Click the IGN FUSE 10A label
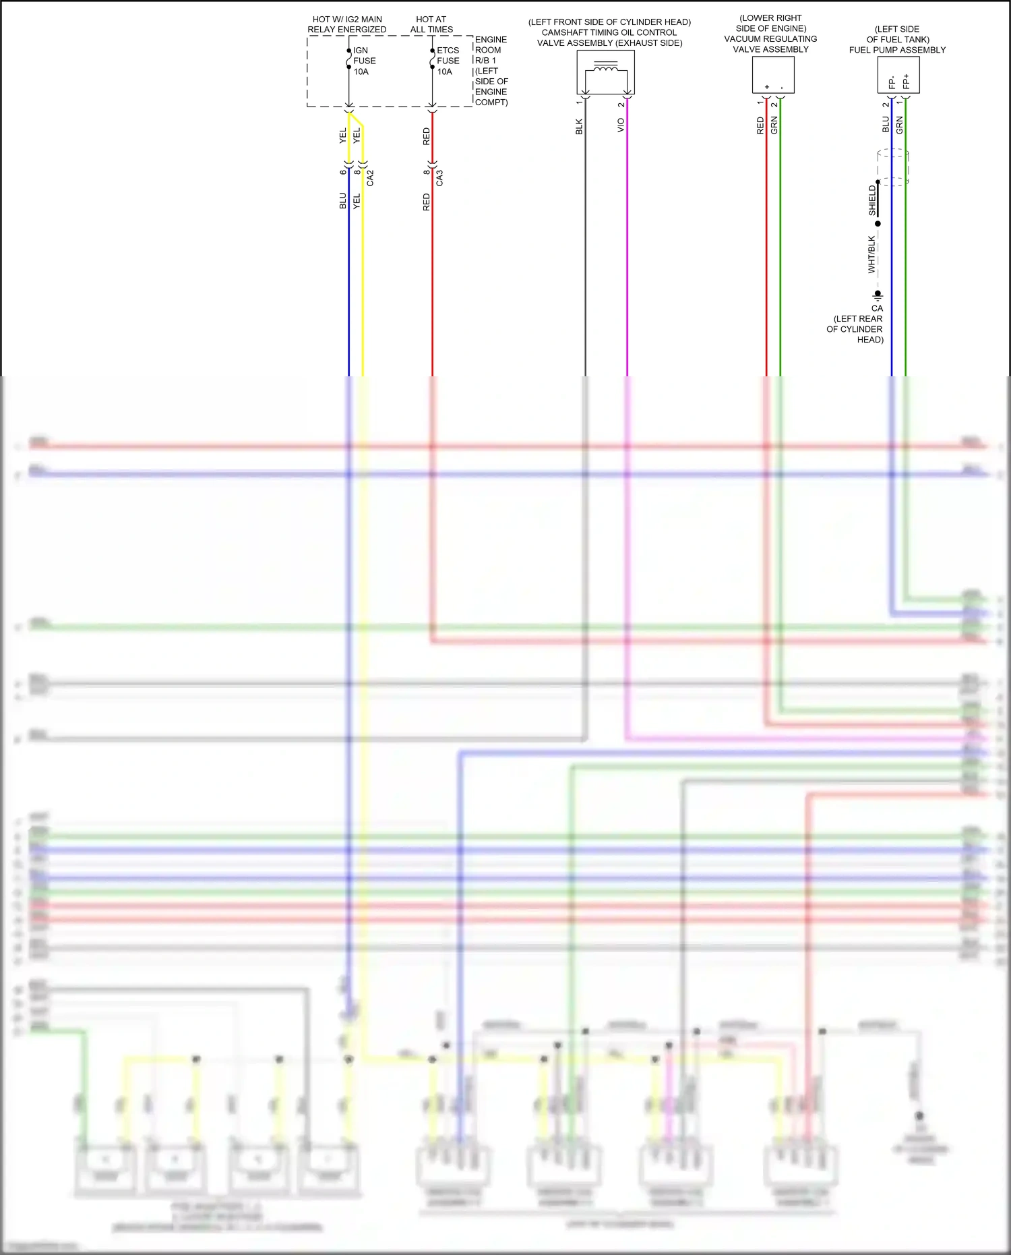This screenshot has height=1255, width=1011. (x=364, y=61)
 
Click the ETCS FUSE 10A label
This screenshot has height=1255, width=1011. (x=448, y=61)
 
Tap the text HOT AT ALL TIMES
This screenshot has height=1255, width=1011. (x=431, y=24)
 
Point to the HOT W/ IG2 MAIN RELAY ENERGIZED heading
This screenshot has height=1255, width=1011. (x=347, y=24)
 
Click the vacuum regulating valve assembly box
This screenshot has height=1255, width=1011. (x=773, y=74)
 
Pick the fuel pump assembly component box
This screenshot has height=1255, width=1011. (x=898, y=74)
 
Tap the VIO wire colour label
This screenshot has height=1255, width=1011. (x=621, y=125)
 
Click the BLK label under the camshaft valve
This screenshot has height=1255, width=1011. (x=579, y=127)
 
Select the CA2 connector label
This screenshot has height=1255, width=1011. (x=370, y=178)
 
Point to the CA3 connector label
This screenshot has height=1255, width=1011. (x=439, y=178)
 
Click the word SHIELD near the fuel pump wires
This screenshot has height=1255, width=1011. (x=872, y=200)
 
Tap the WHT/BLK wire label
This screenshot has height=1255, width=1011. (x=871, y=254)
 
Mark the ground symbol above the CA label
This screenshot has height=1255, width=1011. (x=878, y=295)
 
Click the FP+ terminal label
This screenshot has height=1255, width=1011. (x=906, y=82)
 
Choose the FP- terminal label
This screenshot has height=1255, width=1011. (x=892, y=82)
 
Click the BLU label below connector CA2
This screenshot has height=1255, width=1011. (x=342, y=200)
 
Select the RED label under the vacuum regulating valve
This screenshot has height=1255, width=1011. (x=760, y=125)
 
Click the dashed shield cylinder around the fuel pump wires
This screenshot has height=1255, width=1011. (x=894, y=167)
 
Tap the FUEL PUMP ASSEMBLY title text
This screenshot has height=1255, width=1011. (x=897, y=50)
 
